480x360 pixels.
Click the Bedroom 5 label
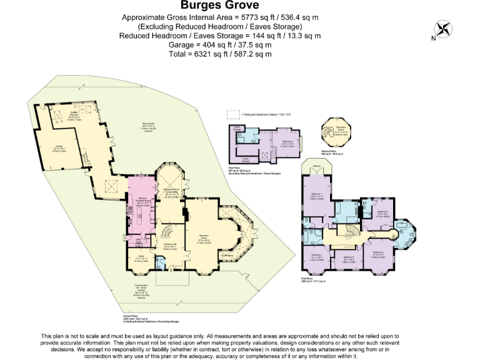287,142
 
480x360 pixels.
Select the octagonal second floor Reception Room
341,133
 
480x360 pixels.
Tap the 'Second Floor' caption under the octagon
340,153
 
